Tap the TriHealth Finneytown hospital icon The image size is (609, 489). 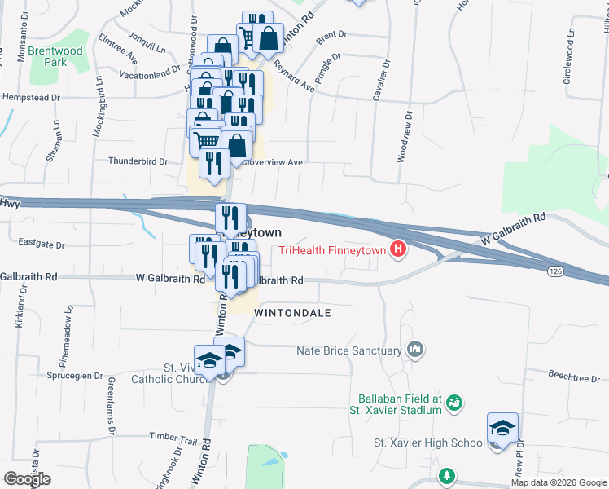[x=398, y=249]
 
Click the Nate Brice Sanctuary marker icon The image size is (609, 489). [x=416, y=350]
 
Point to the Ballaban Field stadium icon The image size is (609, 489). [x=455, y=403]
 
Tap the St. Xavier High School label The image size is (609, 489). [x=429, y=443]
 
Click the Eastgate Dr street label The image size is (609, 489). [x=41, y=243]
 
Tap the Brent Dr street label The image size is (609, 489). [x=331, y=35]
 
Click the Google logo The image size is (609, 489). [x=27, y=479]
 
